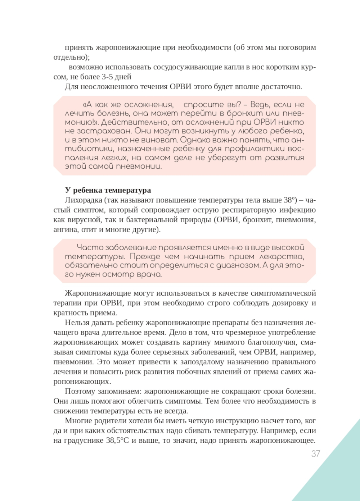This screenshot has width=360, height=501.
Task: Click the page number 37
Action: point(315,454)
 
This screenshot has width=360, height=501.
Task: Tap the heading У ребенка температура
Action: point(108,190)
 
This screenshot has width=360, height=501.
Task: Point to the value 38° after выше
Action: point(289,200)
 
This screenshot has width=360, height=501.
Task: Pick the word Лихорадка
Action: point(84,200)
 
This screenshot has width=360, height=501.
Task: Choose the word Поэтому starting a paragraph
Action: point(80,391)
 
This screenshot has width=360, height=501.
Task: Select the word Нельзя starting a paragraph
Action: point(76,323)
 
